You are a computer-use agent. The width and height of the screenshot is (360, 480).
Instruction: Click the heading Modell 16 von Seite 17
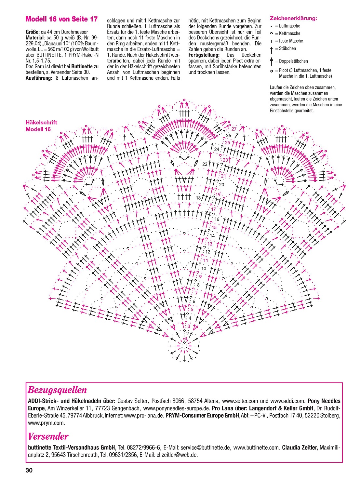coord(61,19)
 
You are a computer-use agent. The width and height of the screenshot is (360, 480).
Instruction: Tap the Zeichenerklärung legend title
coord(293,19)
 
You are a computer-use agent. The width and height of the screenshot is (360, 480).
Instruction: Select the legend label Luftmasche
coord(289,26)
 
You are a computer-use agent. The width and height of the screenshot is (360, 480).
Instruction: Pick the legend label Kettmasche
coord(289,33)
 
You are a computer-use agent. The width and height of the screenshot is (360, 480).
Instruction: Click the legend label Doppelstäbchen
coord(293,61)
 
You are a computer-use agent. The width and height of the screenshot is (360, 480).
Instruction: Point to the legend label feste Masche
coord(291,41)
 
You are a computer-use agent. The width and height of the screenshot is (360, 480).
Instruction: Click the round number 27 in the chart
coord(234,129)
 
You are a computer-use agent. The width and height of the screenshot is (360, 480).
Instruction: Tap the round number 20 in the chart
coord(221,185)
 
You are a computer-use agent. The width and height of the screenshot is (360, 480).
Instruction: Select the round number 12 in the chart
coord(208,252)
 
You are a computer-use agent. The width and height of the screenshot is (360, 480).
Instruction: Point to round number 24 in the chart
coord(217,149)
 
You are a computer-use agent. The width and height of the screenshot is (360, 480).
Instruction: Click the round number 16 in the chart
coord(217,219)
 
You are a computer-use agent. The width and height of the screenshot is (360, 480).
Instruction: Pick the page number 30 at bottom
coord(29,471)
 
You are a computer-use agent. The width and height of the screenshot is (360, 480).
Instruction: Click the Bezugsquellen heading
coord(57,390)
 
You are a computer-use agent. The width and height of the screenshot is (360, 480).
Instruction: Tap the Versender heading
coord(48,436)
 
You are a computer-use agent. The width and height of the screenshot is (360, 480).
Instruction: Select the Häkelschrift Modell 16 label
coord(41,126)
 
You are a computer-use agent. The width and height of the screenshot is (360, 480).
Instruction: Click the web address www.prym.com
coord(46,423)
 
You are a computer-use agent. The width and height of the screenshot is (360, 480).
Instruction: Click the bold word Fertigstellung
coord(204,55)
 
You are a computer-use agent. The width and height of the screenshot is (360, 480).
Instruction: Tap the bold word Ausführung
coord(39,78)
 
